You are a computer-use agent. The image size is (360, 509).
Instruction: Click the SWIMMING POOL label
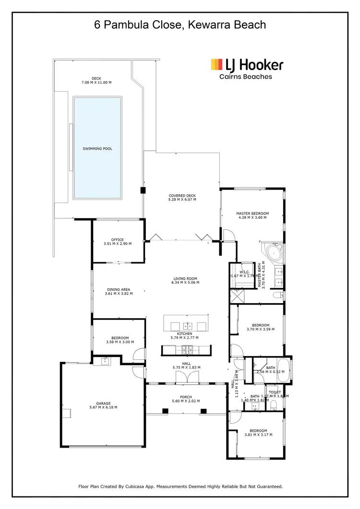(97, 149)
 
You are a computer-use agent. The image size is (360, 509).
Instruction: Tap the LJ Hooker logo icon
(217, 64)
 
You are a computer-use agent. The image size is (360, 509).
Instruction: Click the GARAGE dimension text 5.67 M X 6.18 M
(103, 407)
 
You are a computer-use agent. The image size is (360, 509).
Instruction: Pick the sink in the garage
(103, 361)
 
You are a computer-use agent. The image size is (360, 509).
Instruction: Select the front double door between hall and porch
(186, 379)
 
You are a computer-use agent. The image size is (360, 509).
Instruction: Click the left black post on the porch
(166, 411)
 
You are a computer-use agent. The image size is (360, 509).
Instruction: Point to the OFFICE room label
(118, 240)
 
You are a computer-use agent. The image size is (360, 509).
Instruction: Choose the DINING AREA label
(118, 289)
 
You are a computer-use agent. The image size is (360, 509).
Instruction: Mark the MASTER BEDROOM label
(252, 213)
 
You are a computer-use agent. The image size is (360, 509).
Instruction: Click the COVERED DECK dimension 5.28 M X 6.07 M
(182, 200)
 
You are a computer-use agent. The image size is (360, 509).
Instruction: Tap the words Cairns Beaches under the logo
(245, 77)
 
